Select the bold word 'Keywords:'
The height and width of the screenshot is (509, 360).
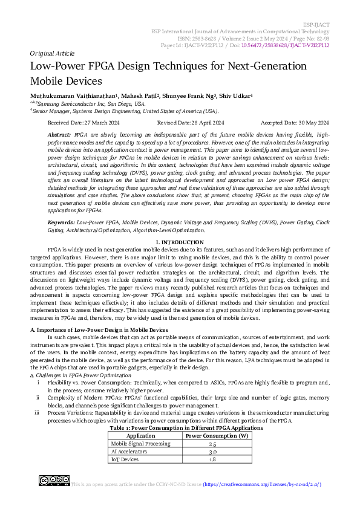[x=62, y=223]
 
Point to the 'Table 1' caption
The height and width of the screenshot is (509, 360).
[x=186, y=427]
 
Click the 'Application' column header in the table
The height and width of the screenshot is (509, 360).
[x=141, y=435]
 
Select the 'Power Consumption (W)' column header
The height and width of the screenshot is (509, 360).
[x=217, y=435]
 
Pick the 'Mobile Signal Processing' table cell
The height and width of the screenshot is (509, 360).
[x=141, y=443]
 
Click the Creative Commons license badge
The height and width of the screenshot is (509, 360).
[x=54, y=482]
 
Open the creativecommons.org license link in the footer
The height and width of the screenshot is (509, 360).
[x=262, y=485]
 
